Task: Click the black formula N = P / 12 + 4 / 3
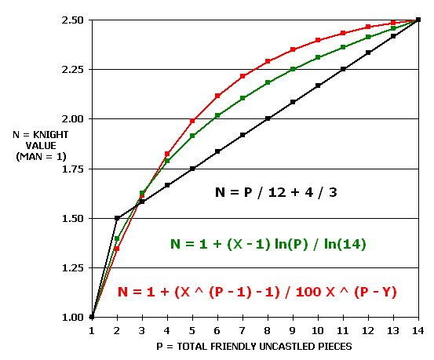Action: click(276, 192)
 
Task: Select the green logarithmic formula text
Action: click(268, 244)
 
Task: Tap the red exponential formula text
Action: click(257, 292)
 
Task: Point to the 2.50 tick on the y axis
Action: click(72, 20)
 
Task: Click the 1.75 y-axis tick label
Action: click(72, 169)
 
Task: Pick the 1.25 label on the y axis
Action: click(72, 268)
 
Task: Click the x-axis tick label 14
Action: click(418, 330)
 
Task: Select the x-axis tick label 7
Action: click(243, 330)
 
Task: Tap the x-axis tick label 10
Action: click(318, 330)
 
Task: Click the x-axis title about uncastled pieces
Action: click(254, 347)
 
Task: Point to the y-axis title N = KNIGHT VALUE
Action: click(41, 146)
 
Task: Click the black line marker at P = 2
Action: click(117, 218)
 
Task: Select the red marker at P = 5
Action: click(192, 121)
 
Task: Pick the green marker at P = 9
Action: click(293, 69)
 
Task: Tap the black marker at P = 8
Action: click(268, 118)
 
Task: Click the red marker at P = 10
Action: click(318, 40)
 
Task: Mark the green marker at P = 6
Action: click(217, 115)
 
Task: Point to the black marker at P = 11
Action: click(343, 69)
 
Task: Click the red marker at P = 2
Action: click(117, 249)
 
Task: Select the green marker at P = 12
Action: click(368, 37)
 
